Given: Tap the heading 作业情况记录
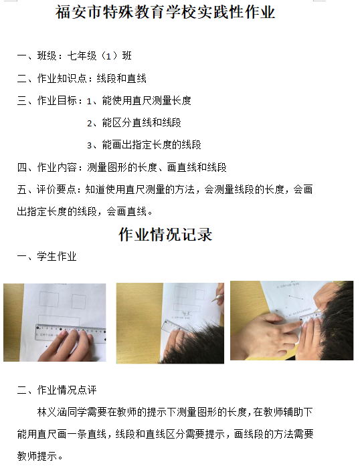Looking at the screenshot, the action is pos(165,235).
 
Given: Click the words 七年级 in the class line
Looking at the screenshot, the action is pos(82,56).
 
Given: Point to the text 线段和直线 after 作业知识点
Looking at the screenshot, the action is pos(121,79).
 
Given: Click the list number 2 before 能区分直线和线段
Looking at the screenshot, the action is pos(90,124).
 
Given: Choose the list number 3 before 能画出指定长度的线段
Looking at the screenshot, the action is pos(90,146).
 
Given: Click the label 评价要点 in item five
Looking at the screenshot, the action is pos(56,190).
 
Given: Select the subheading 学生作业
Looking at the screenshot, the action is pos(57,257).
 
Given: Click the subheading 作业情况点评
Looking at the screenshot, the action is pos(67,390).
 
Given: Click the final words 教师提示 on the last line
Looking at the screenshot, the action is pos(37,457).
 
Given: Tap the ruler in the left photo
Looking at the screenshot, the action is pos(71,333).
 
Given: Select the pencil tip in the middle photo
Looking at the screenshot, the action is pos(212,300).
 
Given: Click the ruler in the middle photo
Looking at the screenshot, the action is pos(175,327).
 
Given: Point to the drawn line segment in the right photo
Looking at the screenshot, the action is pos(296,298).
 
